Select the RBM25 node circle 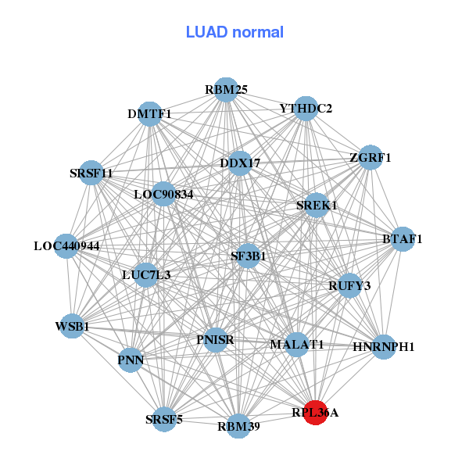click(x=225, y=89)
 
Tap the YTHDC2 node click(x=306, y=109)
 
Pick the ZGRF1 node click(x=370, y=157)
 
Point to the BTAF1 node click(x=402, y=239)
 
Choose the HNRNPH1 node click(x=383, y=346)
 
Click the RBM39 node click(x=238, y=426)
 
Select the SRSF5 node click(x=164, y=420)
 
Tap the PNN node click(x=131, y=360)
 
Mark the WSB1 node click(x=72, y=326)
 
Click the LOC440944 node click(x=66, y=246)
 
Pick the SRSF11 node click(x=91, y=173)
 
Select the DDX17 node click(x=240, y=163)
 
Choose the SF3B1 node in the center click(x=248, y=256)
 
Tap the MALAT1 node click(x=296, y=344)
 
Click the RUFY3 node click(x=349, y=286)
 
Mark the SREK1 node click(x=317, y=206)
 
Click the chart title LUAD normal click(x=234, y=32)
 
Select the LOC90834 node click(x=163, y=193)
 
